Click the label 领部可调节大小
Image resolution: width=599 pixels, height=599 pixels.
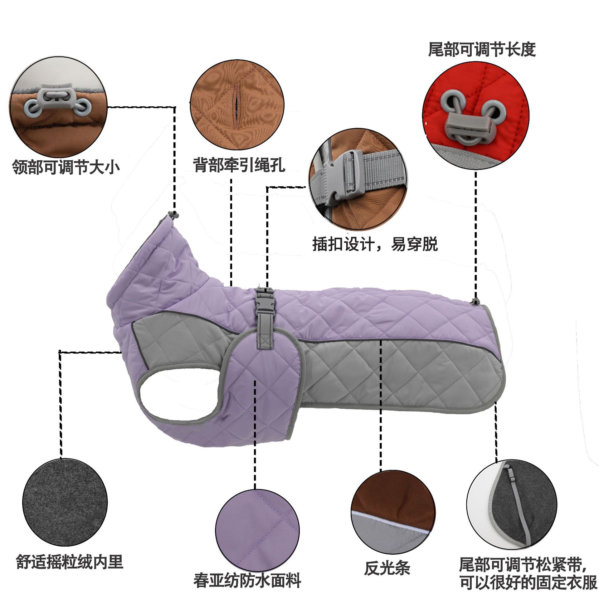[66, 167]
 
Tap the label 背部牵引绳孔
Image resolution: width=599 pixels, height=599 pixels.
[239, 164]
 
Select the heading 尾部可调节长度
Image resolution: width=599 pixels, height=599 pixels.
[482, 50]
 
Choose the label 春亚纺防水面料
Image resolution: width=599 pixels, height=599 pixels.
[247, 580]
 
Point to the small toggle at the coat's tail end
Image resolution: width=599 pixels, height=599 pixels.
[475, 301]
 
